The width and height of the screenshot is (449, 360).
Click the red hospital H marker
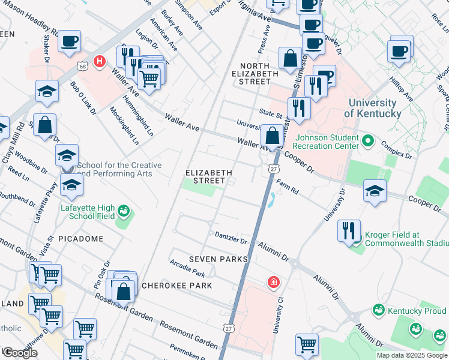pos(100,61)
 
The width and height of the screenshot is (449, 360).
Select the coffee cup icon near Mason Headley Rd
pos(70,42)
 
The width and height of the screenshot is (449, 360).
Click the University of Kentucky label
pos(373,108)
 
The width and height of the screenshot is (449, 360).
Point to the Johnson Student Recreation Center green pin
pos(369,142)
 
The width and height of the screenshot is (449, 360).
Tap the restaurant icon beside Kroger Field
pos(349,230)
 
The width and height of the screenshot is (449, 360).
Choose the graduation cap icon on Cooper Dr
pos(375,192)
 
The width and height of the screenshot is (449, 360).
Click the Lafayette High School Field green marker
pos(124,211)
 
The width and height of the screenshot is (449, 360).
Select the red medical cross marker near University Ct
pos(274,281)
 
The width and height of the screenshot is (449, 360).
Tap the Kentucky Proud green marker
pos(378,310)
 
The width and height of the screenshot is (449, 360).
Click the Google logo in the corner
pos(20,353)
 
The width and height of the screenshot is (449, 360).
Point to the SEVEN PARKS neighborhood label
pos(218,259)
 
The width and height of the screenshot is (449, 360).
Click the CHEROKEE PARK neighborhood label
pos(176,286)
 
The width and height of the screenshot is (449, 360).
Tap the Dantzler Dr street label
pos(231,238)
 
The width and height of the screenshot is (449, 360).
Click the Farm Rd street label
pos(288,189)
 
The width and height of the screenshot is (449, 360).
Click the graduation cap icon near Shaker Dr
pos(47,92)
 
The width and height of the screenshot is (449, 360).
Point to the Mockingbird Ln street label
pos(124,126)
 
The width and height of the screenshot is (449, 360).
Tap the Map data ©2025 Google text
pos(412,355)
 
